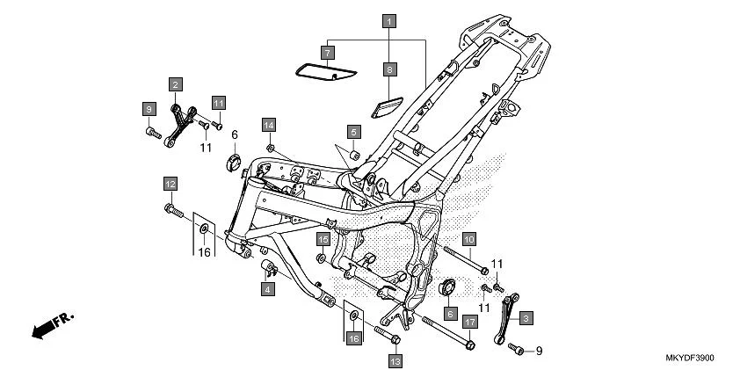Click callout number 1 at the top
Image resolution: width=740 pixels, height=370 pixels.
pyautogui.click(x=388, y=19)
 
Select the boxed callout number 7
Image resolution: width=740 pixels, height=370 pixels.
pyautogui.click(x=327, y=54)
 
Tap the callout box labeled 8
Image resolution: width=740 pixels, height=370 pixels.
pyautogui.click(x=388, y=68)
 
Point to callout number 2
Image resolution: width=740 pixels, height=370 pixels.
pyautogui.click(x=176, y=84)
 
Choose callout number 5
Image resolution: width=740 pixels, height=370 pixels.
pyautogui.click(x=353, y=132)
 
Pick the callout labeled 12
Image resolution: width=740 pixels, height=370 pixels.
pyautogui.click(x=169, y=184)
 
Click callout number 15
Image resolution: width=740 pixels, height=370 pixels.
pyautogui.click(x=323, y=239)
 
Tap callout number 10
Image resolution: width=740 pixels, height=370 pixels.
pyautogui.click(x=468, y=239)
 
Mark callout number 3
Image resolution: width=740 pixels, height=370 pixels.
pyautogui.click(x=525, y=317)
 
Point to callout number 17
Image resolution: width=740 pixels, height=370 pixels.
pyautogui.click(x=469, y=323)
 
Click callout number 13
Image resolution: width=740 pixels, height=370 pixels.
pyautogui.click(x=395, y=360)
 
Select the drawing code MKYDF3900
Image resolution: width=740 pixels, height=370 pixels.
pyautogui.click(x=690, y=359)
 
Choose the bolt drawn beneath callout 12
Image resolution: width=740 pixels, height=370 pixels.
pyautogui.click(x=171, y=210)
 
